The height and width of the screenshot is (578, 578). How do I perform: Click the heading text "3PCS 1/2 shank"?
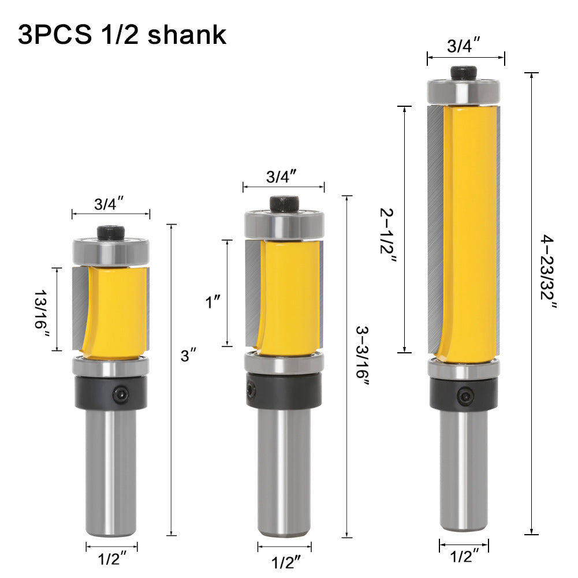click(122, 35)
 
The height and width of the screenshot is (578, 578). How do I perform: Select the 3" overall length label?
click(186, 356)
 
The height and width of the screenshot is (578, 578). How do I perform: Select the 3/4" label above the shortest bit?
click(110, 203)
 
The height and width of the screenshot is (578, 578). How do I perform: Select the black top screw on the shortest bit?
click(110, 232)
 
